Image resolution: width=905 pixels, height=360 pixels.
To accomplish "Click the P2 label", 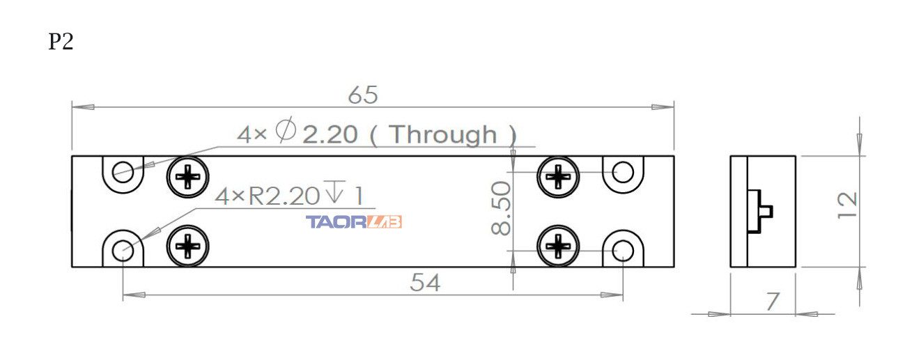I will click(61, 42).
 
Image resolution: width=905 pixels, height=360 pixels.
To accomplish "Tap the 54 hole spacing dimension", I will click(425, 283).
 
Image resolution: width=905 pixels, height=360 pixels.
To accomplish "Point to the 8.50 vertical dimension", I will click(501, 208).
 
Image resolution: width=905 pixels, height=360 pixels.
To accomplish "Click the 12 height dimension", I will click(846, 206).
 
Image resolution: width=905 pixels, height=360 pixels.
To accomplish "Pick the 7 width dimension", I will click(772, 302).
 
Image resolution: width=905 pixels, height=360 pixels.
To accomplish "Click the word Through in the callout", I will click(443, 134).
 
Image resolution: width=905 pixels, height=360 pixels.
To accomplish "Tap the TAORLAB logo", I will click(354, 222).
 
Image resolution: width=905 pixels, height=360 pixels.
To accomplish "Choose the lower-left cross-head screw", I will click(188, 245).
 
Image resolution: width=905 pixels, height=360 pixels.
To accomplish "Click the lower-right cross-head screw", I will click(558, 245).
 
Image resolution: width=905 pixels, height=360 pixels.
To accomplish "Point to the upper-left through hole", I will click(123, 172).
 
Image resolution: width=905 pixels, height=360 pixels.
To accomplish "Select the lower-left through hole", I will click(123, 249).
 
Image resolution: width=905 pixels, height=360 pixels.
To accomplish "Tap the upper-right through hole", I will click(623, 172).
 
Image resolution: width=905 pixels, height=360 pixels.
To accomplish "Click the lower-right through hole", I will click(623, 249).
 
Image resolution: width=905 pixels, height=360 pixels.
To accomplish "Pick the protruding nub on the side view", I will click(766, 211).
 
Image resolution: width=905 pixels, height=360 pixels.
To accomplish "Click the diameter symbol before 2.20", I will click(286, 131).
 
